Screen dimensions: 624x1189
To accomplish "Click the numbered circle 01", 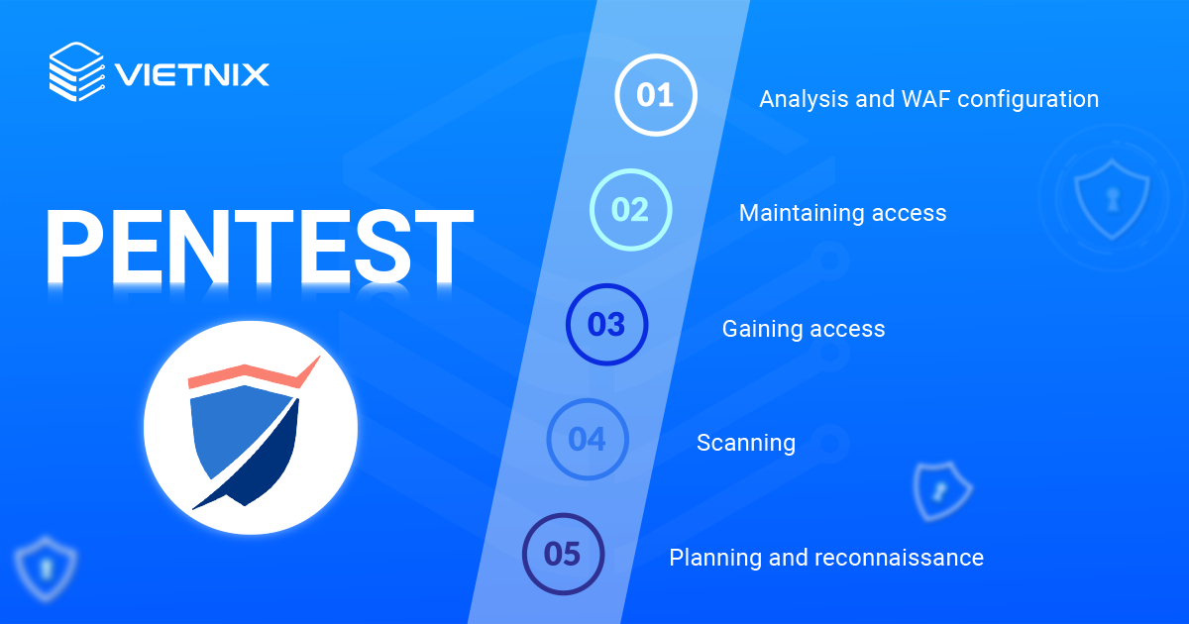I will (655, 95).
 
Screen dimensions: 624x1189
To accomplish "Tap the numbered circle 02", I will (630, 210).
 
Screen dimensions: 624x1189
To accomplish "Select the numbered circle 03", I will (606, 325).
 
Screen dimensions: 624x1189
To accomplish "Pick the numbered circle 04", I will (588, 439).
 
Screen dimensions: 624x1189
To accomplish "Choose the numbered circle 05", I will (563, 554).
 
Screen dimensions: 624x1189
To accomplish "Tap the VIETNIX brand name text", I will (191, 74).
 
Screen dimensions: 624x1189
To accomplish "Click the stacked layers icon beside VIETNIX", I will (75, 71).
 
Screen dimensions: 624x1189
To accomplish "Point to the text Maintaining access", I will (842, 213).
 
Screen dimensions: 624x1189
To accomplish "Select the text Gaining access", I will (803, 329).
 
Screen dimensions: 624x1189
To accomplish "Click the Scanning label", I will (745, 443).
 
